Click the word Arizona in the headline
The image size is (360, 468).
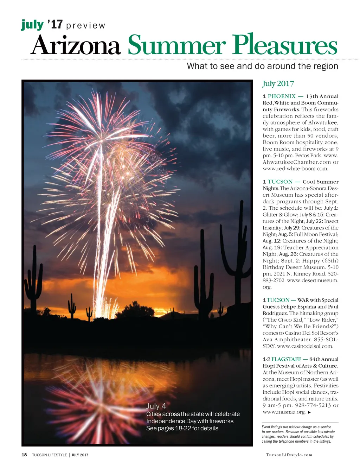click(x=75, y=46)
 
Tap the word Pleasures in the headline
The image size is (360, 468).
click(x=285, y=46)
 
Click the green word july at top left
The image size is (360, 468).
click(x=32, y=25)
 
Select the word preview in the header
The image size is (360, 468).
click(x=85, y=26)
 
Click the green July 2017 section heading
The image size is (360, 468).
click(x=278, y=84)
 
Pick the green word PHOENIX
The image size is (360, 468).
click(x=282, y=96)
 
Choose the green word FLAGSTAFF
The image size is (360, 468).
click(x=286, y=359)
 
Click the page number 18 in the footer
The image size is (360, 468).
click(x=24, y=455)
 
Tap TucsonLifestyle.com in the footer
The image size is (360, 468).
click(x=289, y=455)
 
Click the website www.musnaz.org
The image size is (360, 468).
click(x=284, y=412)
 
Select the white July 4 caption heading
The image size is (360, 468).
click(x=156, y=406)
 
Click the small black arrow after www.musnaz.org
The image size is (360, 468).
click(x=309, y=412)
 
